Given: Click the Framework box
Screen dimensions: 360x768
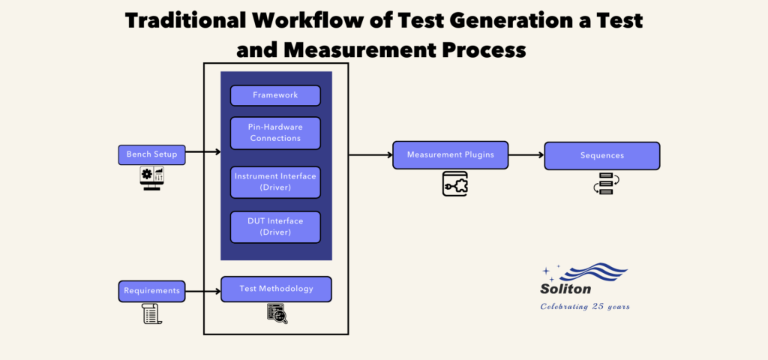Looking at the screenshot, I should [x=275, y=95].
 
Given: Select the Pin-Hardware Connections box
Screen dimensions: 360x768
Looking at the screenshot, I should [x=275, y=133].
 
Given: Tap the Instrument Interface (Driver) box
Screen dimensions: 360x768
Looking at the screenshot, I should [x=275, y=181].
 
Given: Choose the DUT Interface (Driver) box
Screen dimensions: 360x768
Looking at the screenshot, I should [x=275, y=226].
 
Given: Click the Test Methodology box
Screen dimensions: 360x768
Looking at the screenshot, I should [x=276, y=289].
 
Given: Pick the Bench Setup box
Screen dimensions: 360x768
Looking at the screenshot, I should [x=151, y=154].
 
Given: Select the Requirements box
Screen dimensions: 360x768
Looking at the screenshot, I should [x=151, y=290].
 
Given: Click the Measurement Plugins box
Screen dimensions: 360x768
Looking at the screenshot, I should [x=450, y=154].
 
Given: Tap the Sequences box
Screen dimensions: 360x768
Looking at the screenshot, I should [x=601, y=155].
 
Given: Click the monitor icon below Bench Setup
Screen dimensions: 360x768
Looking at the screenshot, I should [x=151, y=178].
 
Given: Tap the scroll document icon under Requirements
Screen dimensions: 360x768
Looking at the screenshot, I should [x=151, y=313].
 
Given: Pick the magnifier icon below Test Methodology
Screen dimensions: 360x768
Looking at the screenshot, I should [x=277, y=313].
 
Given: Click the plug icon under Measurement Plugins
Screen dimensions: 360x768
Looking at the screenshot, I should [x=454, y=184].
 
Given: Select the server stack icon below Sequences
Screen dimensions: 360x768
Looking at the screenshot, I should [x=602, y=184].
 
